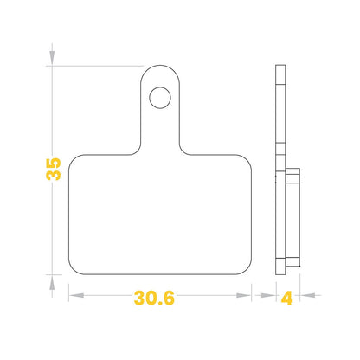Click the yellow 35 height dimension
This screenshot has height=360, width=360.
[x=54, y=169]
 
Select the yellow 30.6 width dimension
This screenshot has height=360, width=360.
[x=154, y=298]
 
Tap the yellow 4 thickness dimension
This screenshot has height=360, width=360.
[x=286, y=298]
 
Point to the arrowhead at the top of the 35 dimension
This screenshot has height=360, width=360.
[x=52, y=58]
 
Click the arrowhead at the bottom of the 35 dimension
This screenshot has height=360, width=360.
[x=52, y=283]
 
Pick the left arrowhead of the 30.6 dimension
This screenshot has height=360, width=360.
[x=76, y=295]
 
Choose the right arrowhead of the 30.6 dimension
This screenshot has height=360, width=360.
[x=243, y=295]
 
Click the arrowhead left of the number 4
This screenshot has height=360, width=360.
[x=268, y=295]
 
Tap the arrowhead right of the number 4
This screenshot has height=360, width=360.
[x=307, y=295]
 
